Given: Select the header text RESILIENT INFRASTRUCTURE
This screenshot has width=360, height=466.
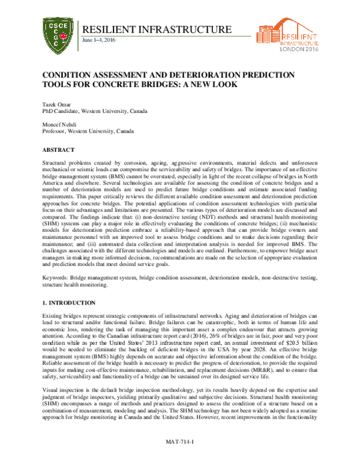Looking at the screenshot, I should click(155, 29).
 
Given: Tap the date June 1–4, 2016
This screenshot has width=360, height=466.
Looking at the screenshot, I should click(98, 40).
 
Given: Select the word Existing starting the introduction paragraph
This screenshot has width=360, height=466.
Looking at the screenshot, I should click(52, 315).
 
